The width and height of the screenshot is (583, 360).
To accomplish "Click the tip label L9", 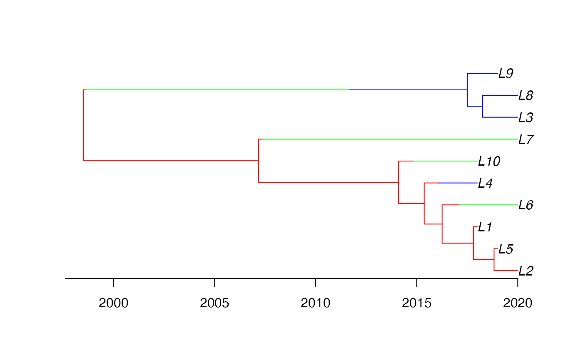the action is (x=506, y=73).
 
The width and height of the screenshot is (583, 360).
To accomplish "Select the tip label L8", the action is (x=526, y=95).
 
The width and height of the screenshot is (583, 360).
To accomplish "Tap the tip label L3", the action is (x=526, y=117).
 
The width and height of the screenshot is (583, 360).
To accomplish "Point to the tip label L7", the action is (x=526, y=139).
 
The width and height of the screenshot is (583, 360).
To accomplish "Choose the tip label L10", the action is (x=489, y=161).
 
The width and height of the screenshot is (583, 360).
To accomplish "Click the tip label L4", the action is (x=485, y=183).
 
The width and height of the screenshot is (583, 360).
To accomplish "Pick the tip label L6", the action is (x=526, y=205).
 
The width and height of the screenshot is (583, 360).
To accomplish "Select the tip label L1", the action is (x=485, y=227).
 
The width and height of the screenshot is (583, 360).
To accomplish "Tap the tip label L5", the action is (x=506, y=249).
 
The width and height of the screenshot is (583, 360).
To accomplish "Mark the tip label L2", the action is (x=526, y=271).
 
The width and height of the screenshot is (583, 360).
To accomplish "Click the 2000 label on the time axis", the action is (x=113, y=303).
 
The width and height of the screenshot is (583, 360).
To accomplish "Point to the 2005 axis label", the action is (x=214, y=303).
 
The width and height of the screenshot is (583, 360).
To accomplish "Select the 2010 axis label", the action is (x=316, y=303).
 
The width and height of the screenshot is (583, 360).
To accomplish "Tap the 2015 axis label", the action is (x=416, y=303).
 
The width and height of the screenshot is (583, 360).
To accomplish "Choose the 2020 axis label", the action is (x=518, y=303).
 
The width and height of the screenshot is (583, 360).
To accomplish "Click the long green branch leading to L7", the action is (x=391, y=139).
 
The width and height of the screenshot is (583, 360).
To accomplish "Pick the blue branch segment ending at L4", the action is (x=458, y=183).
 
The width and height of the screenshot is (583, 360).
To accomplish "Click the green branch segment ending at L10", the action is (x=446, y=161).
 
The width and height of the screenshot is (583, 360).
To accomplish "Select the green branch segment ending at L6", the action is (x=488, y=205).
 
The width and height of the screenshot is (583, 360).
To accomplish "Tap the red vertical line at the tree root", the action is (x=84, y=125).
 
